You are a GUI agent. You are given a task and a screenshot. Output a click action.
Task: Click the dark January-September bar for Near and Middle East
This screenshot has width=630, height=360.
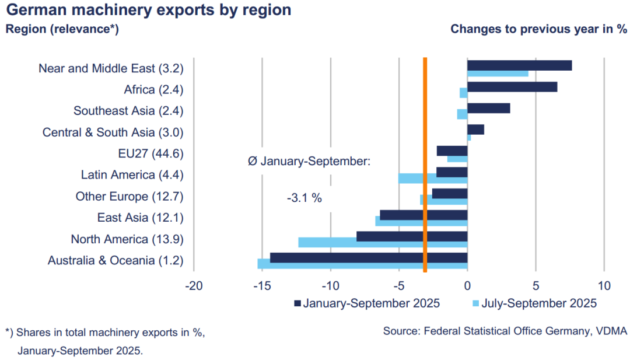519,65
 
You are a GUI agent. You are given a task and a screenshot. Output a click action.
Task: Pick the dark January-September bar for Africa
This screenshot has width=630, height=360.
512,87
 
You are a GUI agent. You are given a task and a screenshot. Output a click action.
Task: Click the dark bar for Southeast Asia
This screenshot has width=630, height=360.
489,108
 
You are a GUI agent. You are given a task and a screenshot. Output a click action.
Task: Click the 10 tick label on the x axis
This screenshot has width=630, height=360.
604,286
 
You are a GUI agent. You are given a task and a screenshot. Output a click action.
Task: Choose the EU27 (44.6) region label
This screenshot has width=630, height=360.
150,153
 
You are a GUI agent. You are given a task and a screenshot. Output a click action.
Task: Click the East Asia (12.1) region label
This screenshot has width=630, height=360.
140,218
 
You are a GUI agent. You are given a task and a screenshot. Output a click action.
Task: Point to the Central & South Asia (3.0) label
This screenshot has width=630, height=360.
113,132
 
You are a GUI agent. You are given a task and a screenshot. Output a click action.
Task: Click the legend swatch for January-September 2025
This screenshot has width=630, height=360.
297,303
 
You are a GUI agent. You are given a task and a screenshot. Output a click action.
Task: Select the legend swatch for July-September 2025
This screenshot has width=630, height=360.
475,303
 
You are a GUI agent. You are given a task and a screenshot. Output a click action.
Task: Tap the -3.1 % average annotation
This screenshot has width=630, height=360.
304,198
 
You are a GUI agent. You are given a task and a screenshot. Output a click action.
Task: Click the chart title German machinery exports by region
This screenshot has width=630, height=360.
149,11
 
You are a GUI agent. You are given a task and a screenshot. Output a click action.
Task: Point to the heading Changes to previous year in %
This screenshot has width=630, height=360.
538,29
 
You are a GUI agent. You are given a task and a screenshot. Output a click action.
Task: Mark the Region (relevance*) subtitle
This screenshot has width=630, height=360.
62,29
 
